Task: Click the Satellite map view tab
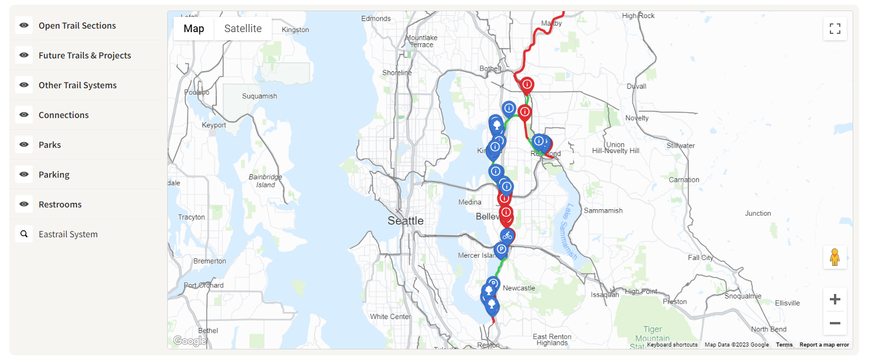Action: tap(243, 29)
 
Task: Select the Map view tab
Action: tap(193, 29)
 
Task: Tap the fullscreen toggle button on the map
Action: tap(835, 29)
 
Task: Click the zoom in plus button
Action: tap(835, 300)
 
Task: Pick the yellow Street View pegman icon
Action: tap(835, 257)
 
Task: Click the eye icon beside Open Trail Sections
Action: tap(24, 26)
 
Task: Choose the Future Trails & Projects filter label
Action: tap(85, 56)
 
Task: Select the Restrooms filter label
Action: tap(60, 205)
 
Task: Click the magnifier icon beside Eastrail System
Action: tap(24, 234)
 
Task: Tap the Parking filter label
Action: tap(54, 175)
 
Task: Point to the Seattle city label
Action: tap(406, 221)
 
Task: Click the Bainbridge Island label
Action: tap(265, 181)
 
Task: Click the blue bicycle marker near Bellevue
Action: tap(507, 236)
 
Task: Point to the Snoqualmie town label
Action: tap(742, 296)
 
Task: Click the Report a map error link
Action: tap(824, 345)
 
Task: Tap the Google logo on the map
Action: tap(189, 341)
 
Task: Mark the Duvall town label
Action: tap(636, 86)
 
